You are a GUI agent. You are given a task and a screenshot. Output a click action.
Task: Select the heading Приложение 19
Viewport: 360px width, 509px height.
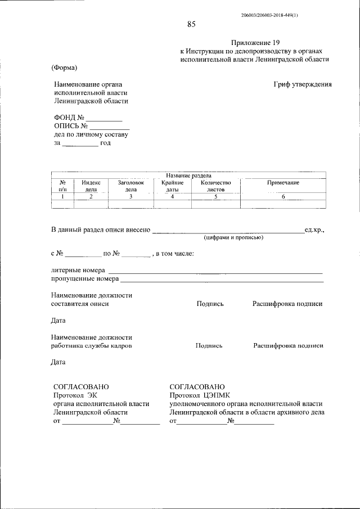255,43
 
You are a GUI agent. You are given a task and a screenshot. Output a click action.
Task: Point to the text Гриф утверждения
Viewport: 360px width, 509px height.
303,84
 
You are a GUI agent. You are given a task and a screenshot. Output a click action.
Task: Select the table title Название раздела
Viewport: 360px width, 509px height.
188,175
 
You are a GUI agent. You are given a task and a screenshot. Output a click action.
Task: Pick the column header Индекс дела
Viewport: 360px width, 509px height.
91,186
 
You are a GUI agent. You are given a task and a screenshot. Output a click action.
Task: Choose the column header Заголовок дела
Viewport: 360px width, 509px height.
130,186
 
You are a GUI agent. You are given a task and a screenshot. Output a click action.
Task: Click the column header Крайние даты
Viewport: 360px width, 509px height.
172,186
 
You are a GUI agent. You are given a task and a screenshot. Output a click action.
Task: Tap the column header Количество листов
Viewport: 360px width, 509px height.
215,186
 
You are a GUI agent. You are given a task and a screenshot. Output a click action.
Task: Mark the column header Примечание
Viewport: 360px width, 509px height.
283,183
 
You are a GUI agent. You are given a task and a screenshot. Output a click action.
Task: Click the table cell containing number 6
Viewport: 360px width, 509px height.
283,197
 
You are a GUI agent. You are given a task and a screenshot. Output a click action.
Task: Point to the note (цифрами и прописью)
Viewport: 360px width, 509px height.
234,237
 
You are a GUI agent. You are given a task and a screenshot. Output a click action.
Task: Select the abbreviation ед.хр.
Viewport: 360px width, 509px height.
314,230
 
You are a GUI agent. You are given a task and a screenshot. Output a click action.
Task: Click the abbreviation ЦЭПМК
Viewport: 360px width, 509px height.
219,395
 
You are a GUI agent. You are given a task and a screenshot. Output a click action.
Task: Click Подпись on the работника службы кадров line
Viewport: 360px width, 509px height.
209,346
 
